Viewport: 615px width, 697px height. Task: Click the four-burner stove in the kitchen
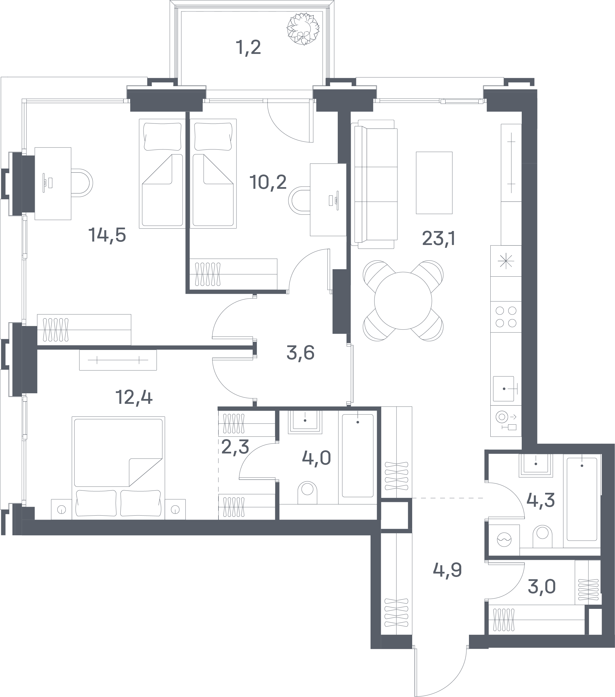pos(506,317)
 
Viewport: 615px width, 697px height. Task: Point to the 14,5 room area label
pos(107,235)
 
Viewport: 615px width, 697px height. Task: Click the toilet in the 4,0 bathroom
pos(307,493)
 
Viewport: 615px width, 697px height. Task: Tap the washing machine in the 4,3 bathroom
pos(504,540)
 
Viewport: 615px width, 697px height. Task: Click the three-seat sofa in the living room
pos(375,184)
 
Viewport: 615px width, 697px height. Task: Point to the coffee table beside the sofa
pos(434,183)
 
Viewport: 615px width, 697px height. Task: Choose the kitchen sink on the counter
pos(503,389)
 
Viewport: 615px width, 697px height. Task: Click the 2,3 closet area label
pos(235,447)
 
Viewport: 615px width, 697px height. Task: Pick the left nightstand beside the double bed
pos(61,509)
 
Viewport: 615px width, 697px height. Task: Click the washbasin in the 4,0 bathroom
pos(305,422)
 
